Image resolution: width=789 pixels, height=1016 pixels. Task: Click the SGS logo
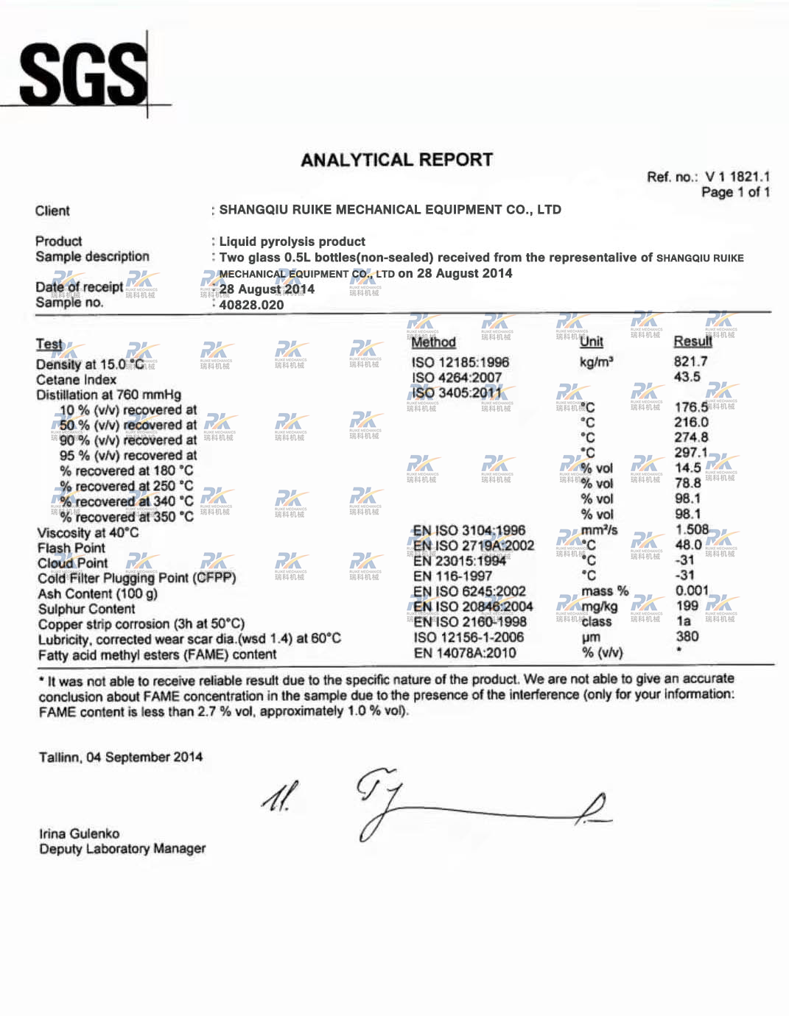(x=83, y=74)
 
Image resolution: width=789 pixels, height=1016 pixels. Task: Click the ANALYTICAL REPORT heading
(x=396, y=160)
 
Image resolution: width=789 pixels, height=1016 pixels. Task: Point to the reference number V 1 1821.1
(x=737, y=177)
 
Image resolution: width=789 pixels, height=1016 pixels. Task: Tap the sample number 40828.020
(x=251, y=305)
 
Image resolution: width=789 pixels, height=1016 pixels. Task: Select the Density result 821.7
(x=690, y=361)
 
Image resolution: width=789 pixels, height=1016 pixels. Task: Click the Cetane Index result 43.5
(x=687, y=377)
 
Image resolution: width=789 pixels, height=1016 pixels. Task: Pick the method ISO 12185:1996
(x=460, y=362)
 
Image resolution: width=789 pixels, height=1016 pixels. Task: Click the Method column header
(x=433, y=342)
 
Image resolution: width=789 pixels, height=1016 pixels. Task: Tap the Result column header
(x=692, y=341)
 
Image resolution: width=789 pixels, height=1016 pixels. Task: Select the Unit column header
(x=591, y=342)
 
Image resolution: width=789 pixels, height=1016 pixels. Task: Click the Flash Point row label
(x=71, y=548)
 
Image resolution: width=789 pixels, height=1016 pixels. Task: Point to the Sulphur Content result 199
(x=687, y=606)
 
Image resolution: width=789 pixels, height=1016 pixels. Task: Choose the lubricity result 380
(x=687, y=636)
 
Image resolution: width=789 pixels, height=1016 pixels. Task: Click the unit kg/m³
(x=596, y=362)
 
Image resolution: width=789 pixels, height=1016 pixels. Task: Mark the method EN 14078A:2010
(x=464, y=652)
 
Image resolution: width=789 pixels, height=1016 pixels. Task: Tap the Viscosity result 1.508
(x=692, y=529)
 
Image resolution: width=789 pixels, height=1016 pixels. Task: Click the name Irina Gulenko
(x=79, y=833)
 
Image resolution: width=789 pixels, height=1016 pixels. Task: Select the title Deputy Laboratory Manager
(x=122, y=849)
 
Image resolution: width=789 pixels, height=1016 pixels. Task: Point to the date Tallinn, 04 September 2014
(x=120, y=757)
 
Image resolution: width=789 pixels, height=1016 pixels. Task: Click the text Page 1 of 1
(x=735, y=192)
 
